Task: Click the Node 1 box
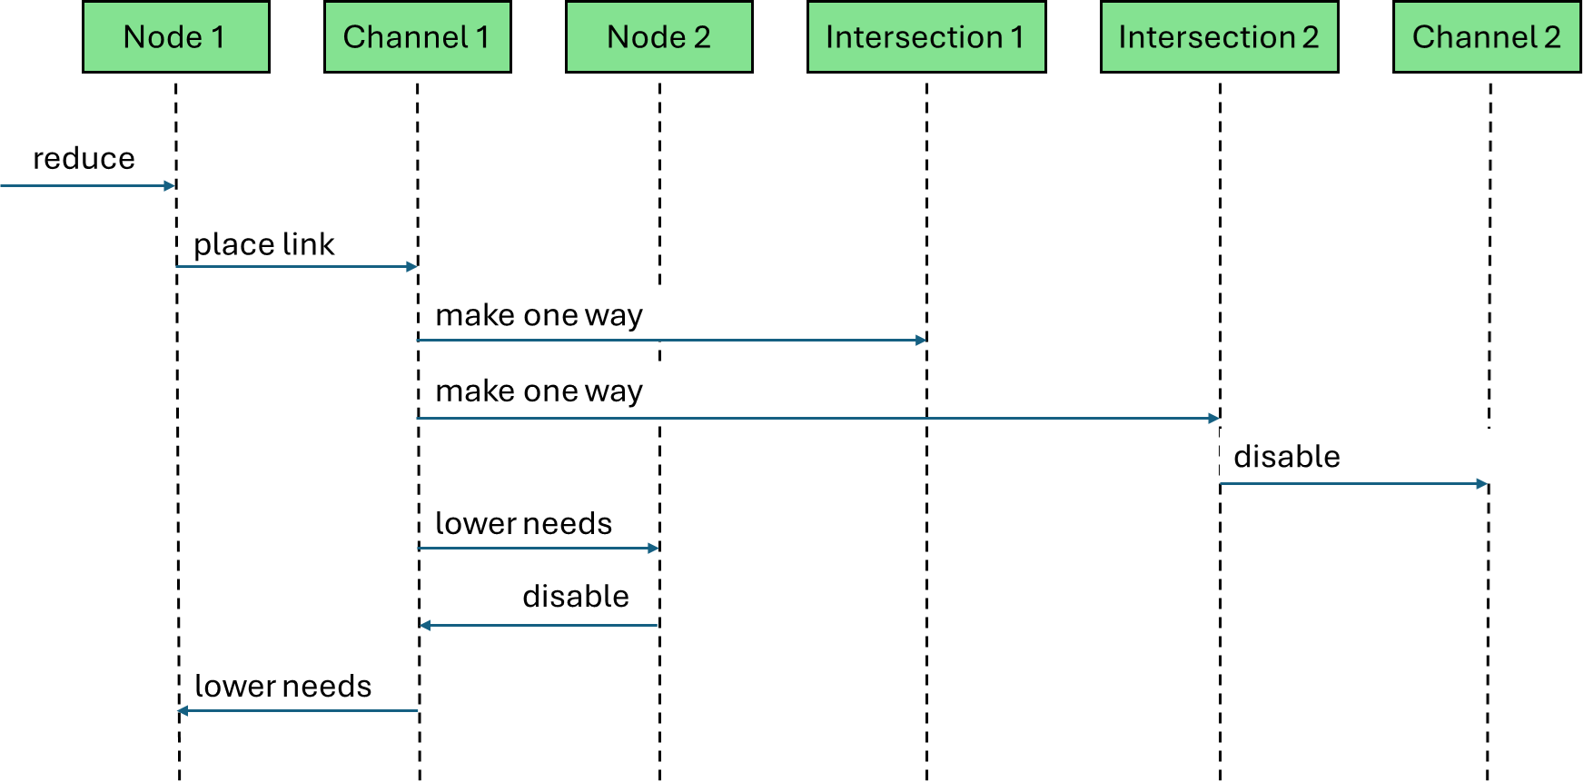(x=175, y=37)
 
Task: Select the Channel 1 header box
(x=417, y=37)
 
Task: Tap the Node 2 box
(x=658, y=37)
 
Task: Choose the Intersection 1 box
(x=925, y=37)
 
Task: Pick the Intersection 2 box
(x=1219, y=37)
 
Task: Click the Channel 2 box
(x=1486, y=37)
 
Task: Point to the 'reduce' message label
(x=84, y=159)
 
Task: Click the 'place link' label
(x=263, y=244)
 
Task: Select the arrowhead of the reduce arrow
(x=170, y=185)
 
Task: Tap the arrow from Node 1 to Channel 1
(x=297, y=267)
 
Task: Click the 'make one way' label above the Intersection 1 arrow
(x=539, y=315)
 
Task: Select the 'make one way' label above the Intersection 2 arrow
(x=539, y=391)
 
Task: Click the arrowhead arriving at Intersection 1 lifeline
(x=921, y=340)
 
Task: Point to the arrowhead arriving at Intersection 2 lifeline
(x=1214, y=419)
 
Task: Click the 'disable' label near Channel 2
(x=1286, y=457)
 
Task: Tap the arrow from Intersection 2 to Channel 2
(x=1353, y=484)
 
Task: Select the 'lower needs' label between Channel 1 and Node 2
(x=523, y=524)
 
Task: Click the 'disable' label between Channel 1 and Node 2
(x=575, y=597)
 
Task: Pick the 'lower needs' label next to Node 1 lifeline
(x=282, y=687)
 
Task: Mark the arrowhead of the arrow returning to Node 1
(x=183, y=711)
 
